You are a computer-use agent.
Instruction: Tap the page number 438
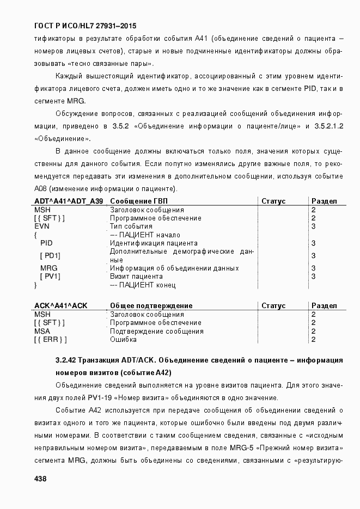point(40,479)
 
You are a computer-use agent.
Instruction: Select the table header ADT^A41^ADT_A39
point(69,201)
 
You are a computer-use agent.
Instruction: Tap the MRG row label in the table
point(48,268)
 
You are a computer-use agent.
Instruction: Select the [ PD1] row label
point(50,256)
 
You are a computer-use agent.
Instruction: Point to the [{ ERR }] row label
point(50,340)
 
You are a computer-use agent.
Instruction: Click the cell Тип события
point(131,226)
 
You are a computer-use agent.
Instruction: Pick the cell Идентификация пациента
point(154,243)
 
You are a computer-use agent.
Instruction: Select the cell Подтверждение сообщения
point(157,331)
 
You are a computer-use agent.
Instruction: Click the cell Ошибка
point(123,340)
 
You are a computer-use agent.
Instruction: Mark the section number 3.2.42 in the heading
point(66,360)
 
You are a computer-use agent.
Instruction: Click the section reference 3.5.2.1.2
point(328,126)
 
